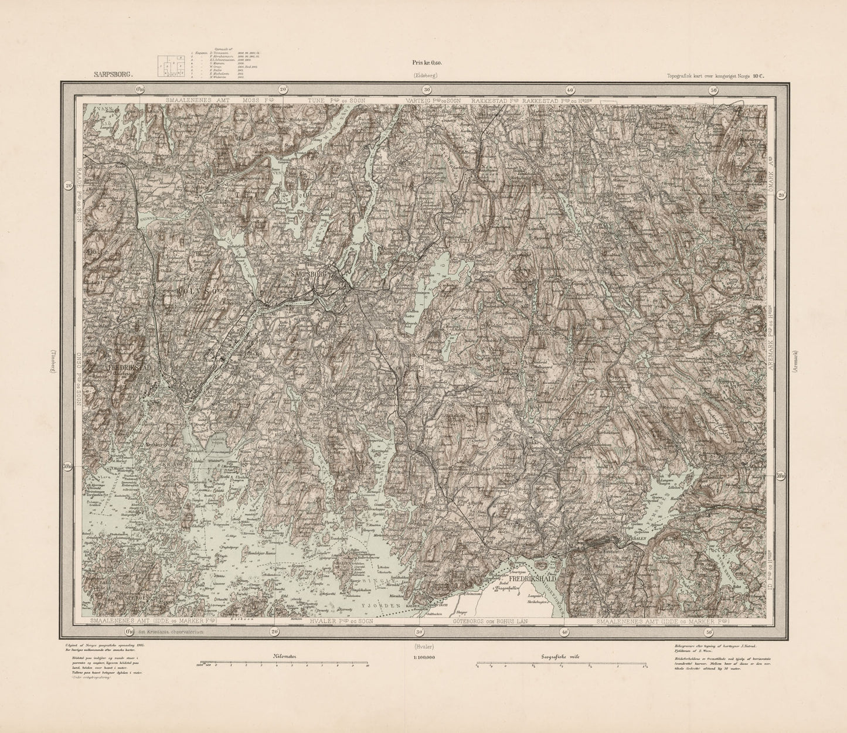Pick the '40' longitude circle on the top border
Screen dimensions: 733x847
click(570, 90)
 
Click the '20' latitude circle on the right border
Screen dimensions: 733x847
click(781, 196)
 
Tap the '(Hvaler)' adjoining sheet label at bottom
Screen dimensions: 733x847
click(424, 647)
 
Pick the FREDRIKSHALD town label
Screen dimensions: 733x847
click(532, 578)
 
